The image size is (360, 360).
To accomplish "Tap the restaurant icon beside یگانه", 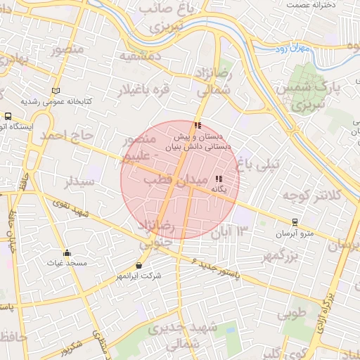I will coord(218,179).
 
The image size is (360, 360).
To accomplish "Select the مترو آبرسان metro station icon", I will coord(294,221).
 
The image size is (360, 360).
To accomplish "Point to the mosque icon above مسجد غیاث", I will coord(67,253).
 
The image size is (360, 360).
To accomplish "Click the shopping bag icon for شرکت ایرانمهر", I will coord(139,266).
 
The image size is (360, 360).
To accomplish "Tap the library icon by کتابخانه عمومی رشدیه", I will coord(56,91).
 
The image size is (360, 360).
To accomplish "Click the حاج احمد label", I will coord(67,134).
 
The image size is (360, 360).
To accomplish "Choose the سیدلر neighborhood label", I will coord(78,182).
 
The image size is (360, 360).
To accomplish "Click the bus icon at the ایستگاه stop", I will coord(8,116).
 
